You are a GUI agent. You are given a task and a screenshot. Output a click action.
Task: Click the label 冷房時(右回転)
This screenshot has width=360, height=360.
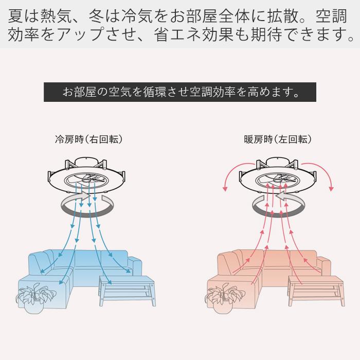click(89, 139)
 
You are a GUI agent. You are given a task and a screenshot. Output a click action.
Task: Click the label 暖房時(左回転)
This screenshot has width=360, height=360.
click(278, 139)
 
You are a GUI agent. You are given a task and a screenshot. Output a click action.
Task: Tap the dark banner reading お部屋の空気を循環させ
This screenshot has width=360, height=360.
click(180, 92)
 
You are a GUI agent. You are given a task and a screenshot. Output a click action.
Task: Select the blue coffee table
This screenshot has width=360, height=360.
click(128, 291)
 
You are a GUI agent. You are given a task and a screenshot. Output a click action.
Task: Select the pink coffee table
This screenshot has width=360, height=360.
click(316, 291)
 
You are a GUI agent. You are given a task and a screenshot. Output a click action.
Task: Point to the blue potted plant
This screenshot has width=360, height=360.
click(35, 298)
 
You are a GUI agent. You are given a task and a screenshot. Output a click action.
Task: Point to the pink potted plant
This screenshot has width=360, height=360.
click(224, 298)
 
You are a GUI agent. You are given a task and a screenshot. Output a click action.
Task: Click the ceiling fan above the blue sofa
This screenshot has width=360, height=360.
click(86, 175)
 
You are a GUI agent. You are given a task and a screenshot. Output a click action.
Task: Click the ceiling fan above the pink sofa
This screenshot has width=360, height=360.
click(278, 175)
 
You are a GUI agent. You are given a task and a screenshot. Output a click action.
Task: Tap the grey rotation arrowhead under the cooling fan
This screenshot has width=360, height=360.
click(84, 196)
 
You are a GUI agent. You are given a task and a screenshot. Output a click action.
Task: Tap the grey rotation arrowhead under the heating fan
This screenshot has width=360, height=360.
click(282, 196)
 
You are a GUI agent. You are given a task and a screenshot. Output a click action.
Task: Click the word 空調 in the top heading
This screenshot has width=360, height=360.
click(331, 16)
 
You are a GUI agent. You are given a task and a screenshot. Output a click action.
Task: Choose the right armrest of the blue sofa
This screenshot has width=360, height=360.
click(135, 266)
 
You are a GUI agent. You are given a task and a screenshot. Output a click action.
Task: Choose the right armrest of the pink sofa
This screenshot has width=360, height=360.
click(323, 266)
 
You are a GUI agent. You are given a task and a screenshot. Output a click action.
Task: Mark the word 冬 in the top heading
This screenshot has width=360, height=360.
click(97, 16)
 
